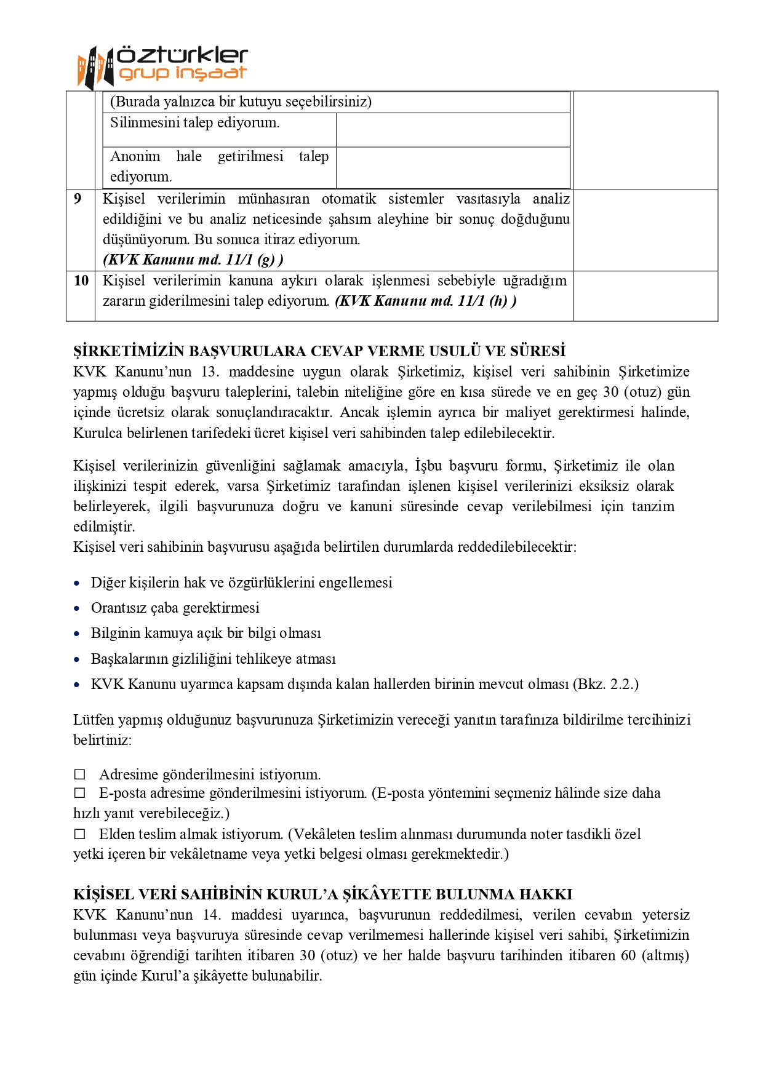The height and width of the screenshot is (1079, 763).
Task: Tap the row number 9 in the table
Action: [x=78, y=199]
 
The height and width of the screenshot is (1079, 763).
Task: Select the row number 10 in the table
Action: [x=81, y=281]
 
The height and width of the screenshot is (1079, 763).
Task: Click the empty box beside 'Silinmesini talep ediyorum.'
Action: [x=452, y=130]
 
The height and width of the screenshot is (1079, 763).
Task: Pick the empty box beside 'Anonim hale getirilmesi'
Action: [x=452, y=167]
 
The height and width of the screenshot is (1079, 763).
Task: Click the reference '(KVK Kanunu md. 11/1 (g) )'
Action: [x=193, y=260]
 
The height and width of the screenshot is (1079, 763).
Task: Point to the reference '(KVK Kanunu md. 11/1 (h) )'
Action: [x=426, y=301]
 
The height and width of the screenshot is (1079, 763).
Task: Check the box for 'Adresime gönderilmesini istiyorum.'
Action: [x=80, y=774]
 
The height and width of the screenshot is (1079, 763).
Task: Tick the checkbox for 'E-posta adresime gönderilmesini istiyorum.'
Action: [x=80, y=794]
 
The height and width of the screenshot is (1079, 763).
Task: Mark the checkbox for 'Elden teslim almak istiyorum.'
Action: [x=80, y=834]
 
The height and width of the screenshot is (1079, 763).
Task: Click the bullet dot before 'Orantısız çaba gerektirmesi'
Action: [x=77, y=608]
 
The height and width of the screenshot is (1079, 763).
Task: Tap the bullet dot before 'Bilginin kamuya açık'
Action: [x=77, y=634]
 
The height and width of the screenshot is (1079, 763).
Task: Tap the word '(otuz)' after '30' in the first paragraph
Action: [x=644, y=392]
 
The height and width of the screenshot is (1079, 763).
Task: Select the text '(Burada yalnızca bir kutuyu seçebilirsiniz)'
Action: [x=241, y=102]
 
